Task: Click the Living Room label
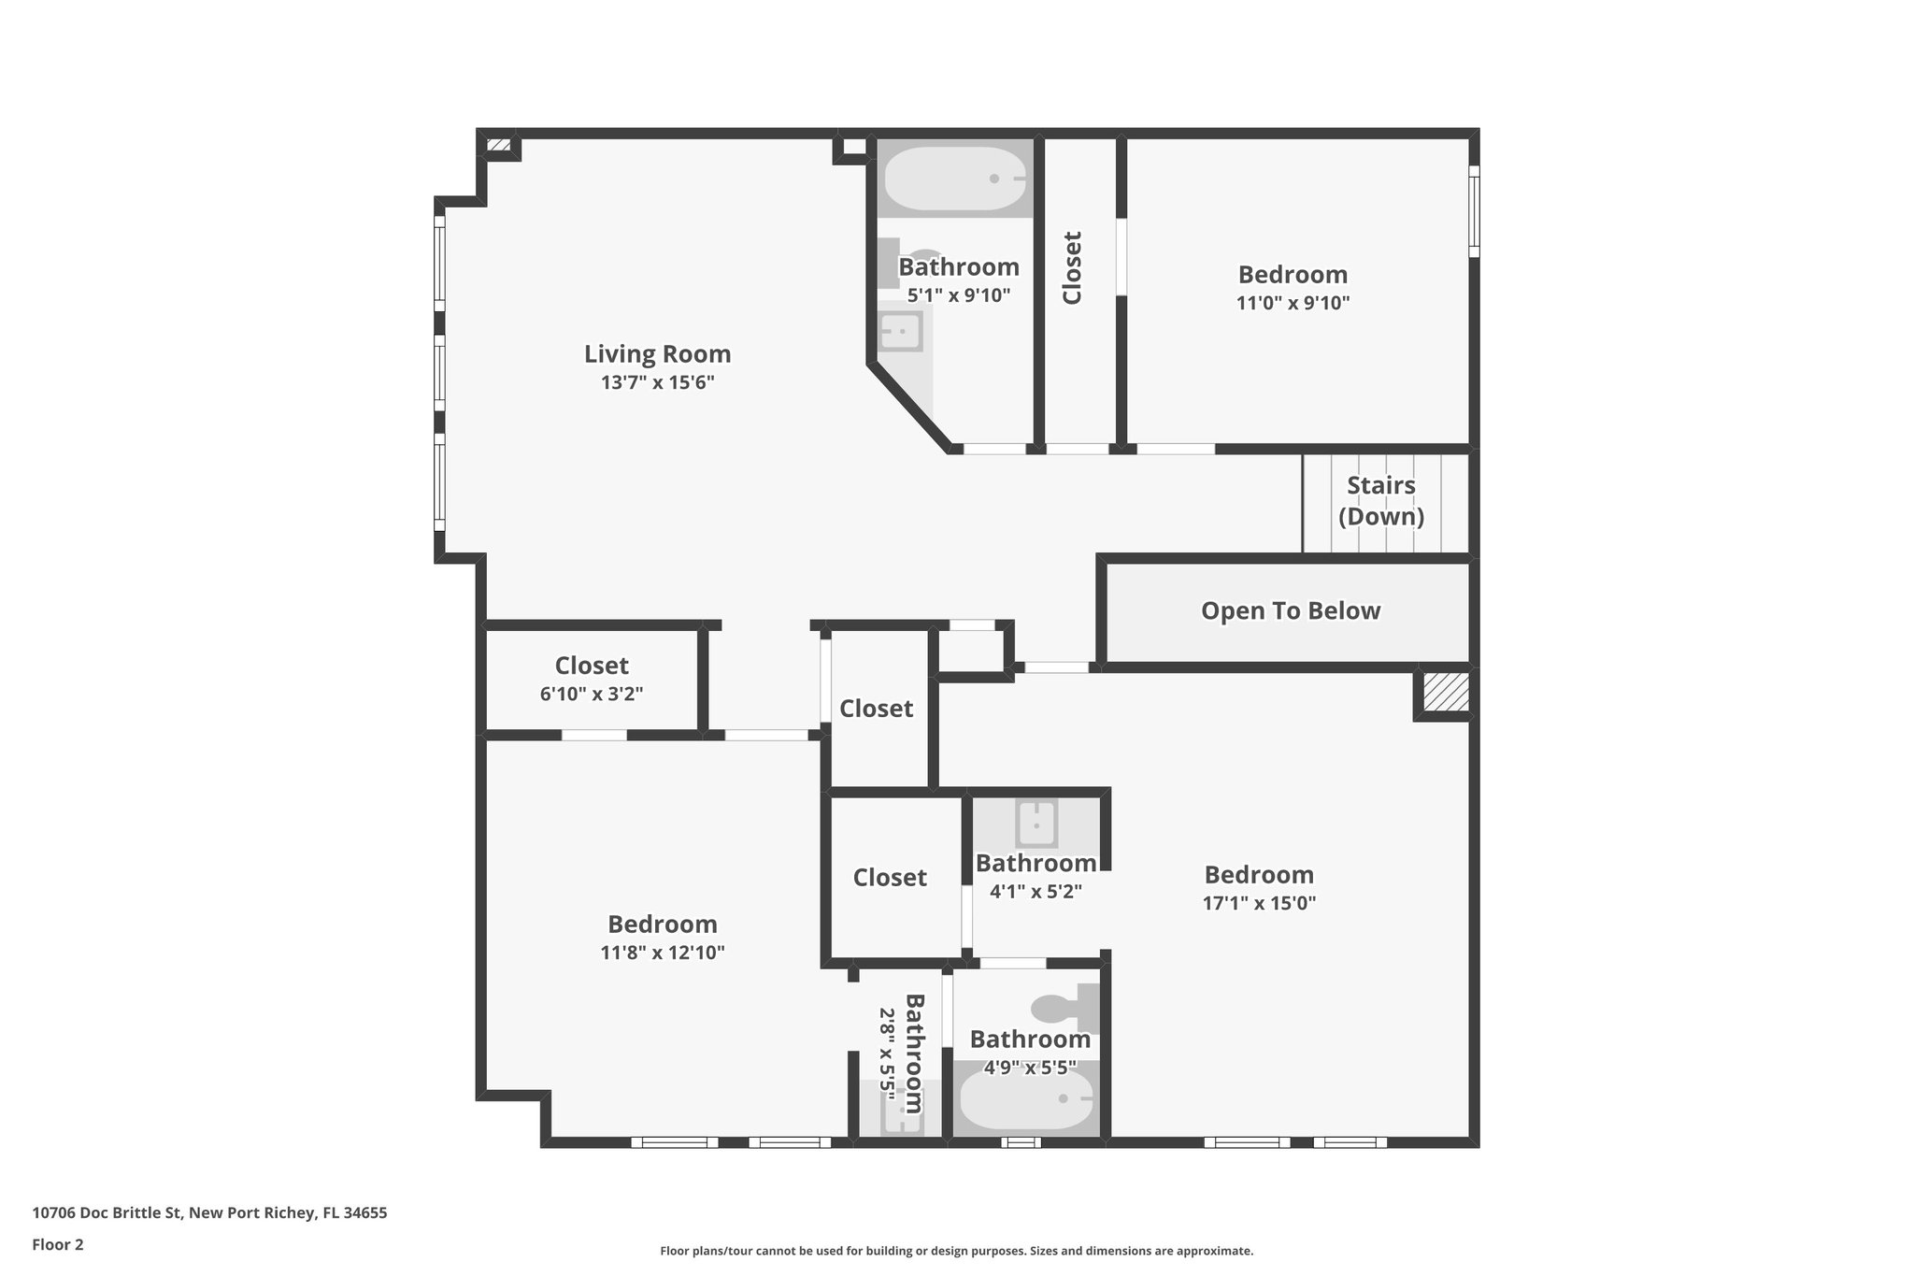(657, 354)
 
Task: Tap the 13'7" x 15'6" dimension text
(657, 382)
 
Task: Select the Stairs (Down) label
(1381, 501)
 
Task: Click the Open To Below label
(1290, 610)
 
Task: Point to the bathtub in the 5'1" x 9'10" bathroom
(953, 179)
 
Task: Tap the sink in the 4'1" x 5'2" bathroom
(1036, 824)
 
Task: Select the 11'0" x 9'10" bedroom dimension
(1293, 303)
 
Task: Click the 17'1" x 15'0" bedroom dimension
(1259, 903)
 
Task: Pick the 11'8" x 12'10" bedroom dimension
(662, 953)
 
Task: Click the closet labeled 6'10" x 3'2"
(592, 678)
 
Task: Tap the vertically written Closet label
(1072, 267)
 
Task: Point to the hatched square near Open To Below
(1445, 692)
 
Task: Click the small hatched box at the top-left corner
(499, 145)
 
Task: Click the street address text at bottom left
(209, 1213)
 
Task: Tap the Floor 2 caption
(58, 1244)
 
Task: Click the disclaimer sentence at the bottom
(956, 1251)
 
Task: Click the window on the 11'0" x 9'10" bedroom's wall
(1474, 211)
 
